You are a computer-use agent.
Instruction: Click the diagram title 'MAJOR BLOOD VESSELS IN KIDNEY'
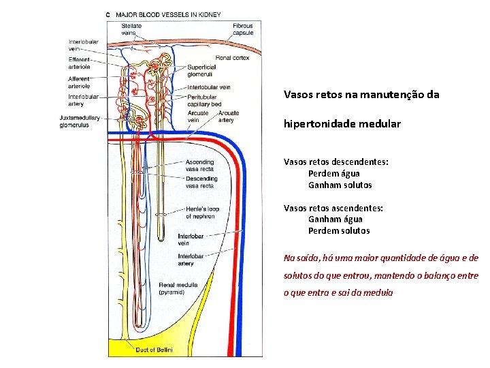[x=167, y=14]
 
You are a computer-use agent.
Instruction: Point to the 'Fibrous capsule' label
[x=243, y=29]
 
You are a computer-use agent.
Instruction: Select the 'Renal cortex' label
[x=232, y=58]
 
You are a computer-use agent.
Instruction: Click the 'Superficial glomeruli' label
[x=201, y=71]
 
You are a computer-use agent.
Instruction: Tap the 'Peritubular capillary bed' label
[x=203, y=101]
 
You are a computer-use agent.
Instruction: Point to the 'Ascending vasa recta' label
[x=199, y=166]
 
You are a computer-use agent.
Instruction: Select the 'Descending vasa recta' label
[x=201, y=182]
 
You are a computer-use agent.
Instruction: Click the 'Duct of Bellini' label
[x=154, y=350]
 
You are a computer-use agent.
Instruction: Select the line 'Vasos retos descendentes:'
[x=336, y=162]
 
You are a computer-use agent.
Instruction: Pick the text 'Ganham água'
[x=336, y=219]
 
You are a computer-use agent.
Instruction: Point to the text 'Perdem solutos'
[x=339, y=230]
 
